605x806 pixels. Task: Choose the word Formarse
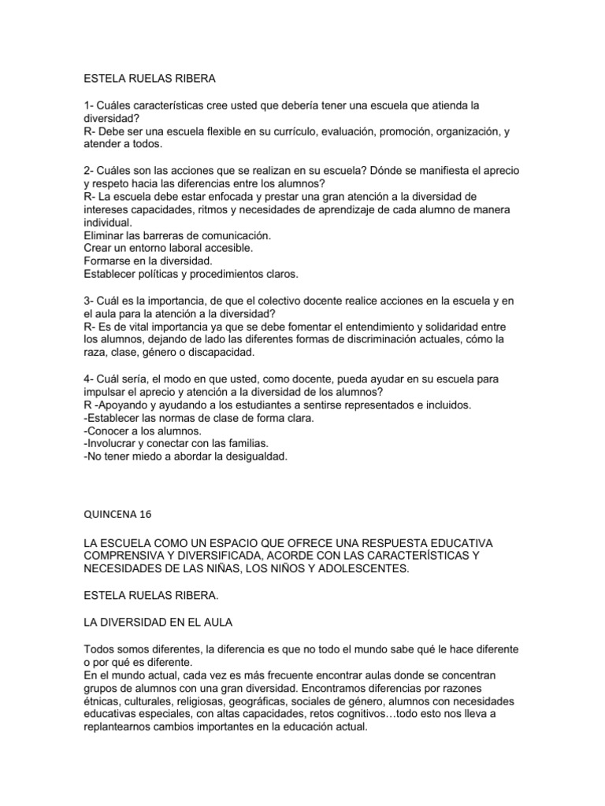coord(108,261)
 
